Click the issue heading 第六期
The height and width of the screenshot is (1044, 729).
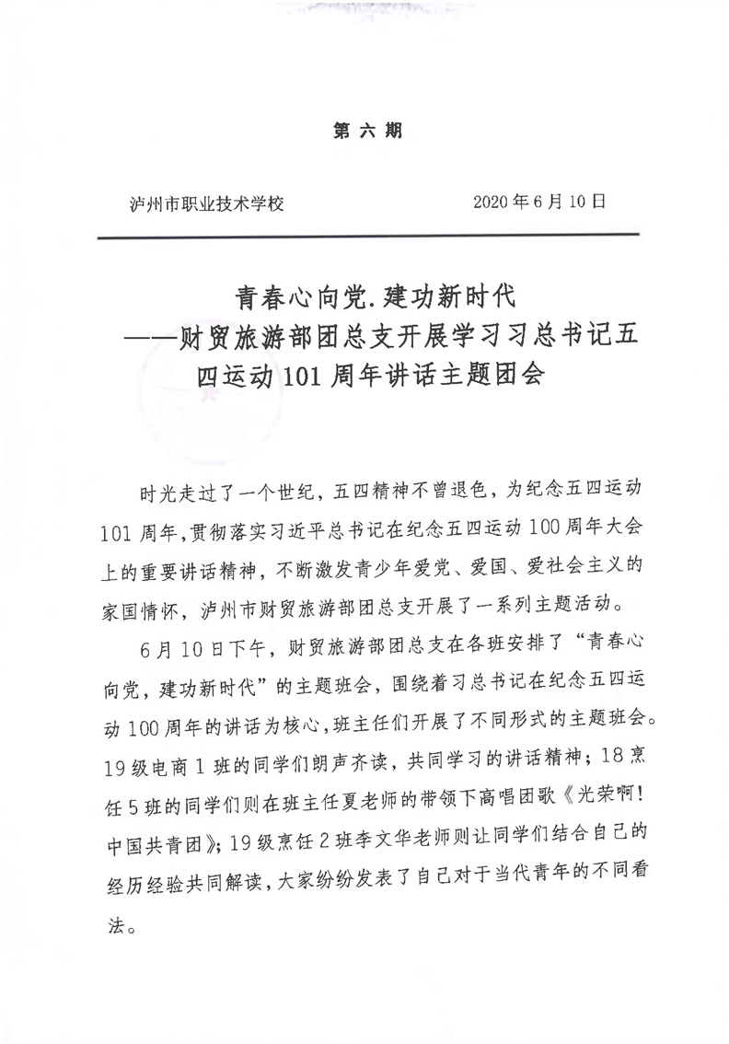[x=366, y=131]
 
